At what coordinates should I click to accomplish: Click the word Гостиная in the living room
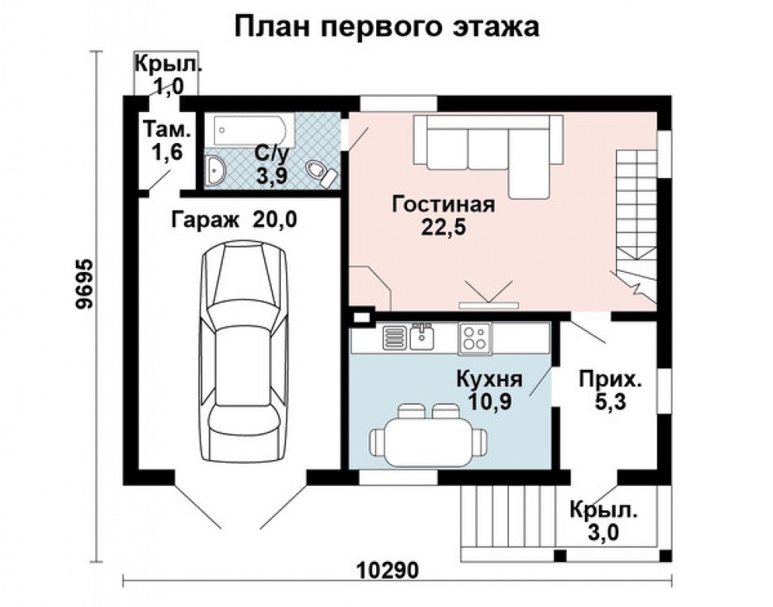pos(443,205)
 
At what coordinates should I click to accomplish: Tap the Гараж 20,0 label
pos(234,220)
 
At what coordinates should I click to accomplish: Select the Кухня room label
pos(489,379)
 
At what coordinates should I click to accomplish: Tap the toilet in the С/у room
pos(321,173)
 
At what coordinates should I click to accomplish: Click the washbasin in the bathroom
pos(215,170)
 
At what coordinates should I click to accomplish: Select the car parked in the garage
pos(243,350)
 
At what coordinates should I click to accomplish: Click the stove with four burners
pos(475,337)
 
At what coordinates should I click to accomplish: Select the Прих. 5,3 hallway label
pos(611,390)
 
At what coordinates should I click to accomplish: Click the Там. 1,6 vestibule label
pos(168,141)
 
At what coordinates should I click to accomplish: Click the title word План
pos(273,27)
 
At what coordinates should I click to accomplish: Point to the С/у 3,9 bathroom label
pos(272,164)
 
